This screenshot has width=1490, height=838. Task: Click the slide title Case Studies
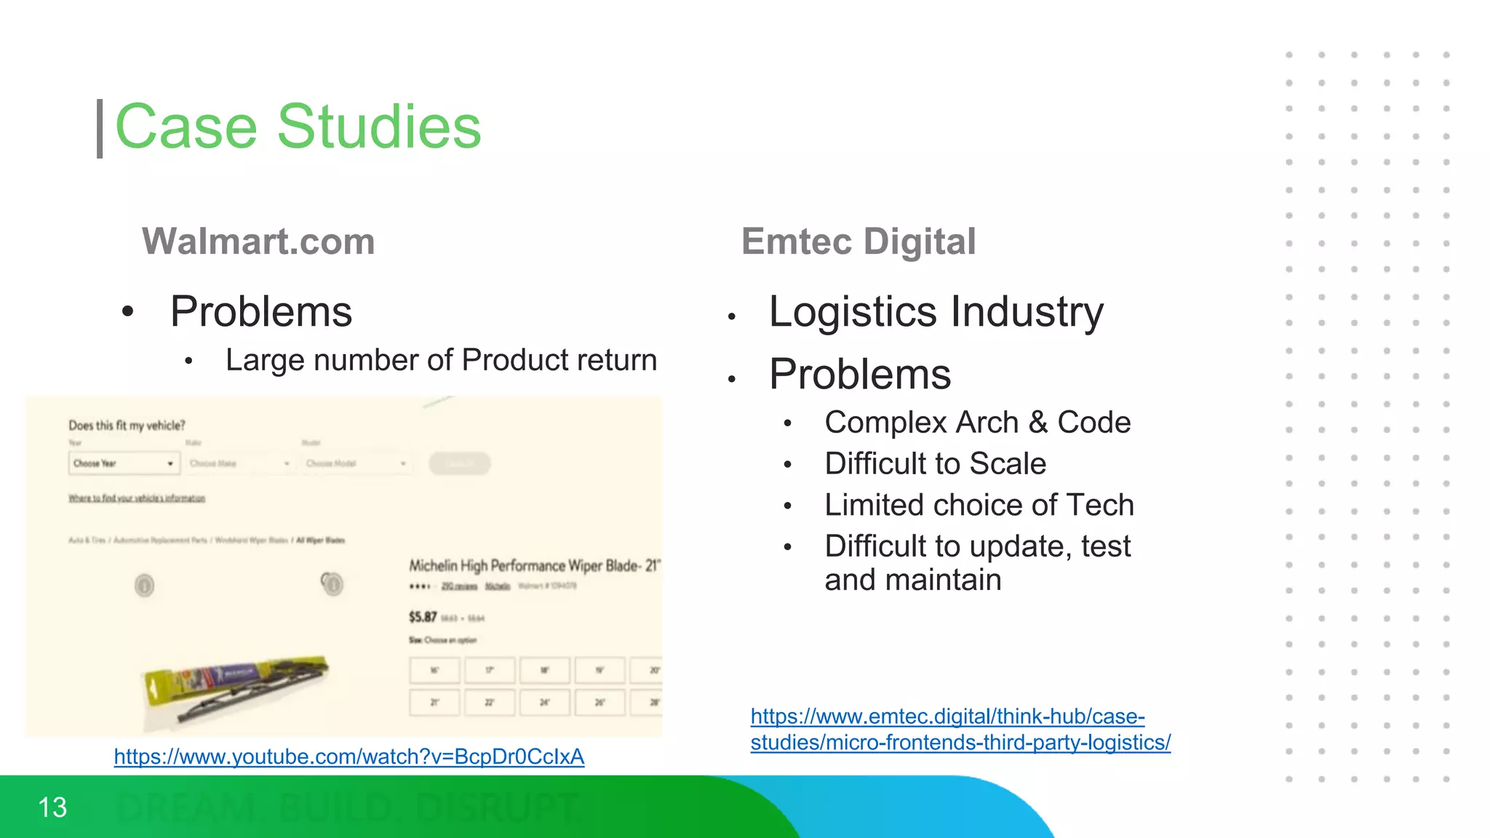tap(298, 127)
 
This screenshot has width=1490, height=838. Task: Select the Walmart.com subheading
tap(258, 242)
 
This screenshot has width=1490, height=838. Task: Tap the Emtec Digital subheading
tap(858, 242)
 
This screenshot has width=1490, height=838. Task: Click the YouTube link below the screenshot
tap(348, 757)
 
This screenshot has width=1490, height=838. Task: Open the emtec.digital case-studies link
tap(960, 730)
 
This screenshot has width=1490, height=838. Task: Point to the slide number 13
tap(52, 807)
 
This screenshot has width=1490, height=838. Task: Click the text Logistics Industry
tap(936, 311)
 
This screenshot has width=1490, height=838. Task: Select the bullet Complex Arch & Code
tap(977, 422)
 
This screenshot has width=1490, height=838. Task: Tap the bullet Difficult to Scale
tap(935, 463)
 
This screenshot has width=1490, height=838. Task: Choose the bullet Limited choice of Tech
tap(979, 505)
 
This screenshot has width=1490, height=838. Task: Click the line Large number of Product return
tap(441, 360)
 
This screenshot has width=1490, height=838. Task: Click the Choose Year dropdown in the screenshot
tap(124, 463)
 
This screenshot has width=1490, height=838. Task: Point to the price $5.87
tap(423, 617)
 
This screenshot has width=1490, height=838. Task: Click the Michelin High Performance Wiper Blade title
tap(533, 565)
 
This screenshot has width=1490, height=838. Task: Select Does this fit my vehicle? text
tap(127, 426)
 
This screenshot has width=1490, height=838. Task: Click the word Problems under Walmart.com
tap(261, 311)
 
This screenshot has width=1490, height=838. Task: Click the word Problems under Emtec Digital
tap(860, 374)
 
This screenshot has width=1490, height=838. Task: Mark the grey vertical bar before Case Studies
tap(100, 129)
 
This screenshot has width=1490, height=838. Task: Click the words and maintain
tap(912, 580)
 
